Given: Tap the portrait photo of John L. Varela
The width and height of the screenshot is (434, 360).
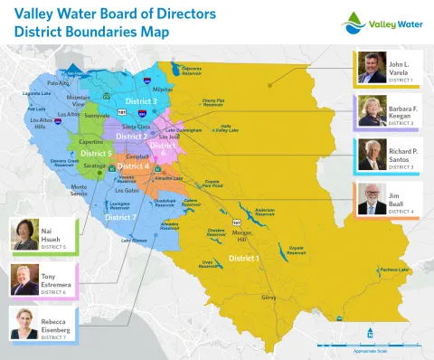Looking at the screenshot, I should pos(371,67).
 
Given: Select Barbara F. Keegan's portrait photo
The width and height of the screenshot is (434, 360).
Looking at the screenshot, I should pos(371,111).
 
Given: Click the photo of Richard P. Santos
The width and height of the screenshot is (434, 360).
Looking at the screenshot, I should pos(371,156).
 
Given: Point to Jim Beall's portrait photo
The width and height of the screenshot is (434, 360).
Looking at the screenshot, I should pos(371,201).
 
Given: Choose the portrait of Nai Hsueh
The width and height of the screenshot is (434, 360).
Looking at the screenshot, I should pos(23,234).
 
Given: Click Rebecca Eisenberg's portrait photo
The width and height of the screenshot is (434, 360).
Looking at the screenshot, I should pos(23,324).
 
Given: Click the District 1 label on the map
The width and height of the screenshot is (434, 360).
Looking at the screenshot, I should pos(243,259).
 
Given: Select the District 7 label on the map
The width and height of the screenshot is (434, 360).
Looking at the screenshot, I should pos(120,218).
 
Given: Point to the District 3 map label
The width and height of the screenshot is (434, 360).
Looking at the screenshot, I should pos(141,101).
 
